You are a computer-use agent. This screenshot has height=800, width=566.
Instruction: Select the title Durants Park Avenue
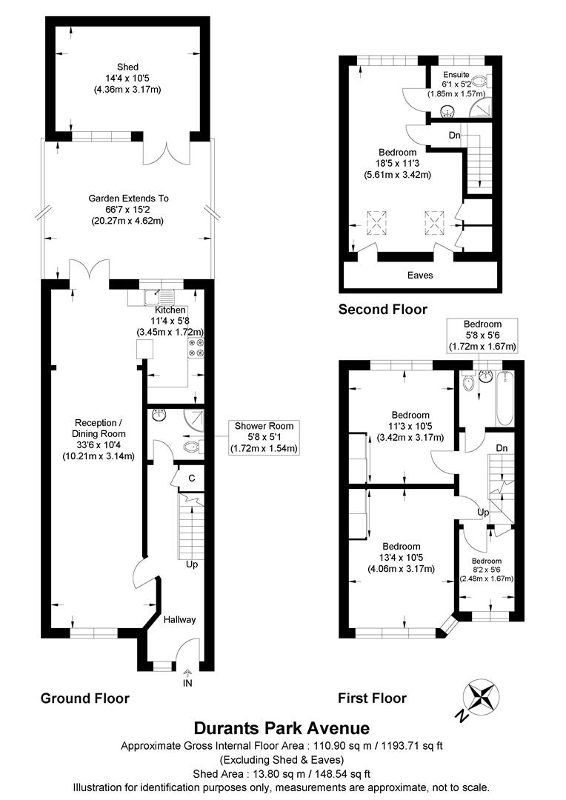point(282,729)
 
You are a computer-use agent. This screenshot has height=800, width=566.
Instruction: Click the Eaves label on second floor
point(420,275)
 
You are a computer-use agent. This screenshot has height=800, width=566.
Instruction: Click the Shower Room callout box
point(264,436)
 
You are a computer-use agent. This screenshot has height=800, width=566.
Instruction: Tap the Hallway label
point(179,620)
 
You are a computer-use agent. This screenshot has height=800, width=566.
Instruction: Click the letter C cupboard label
point(191,478)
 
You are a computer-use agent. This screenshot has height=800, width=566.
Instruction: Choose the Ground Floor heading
point(84,699)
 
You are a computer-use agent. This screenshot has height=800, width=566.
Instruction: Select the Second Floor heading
point(382,309)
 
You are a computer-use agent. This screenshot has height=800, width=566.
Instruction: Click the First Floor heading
point(372,699)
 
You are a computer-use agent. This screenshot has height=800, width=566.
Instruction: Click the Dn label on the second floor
point(454,136)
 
